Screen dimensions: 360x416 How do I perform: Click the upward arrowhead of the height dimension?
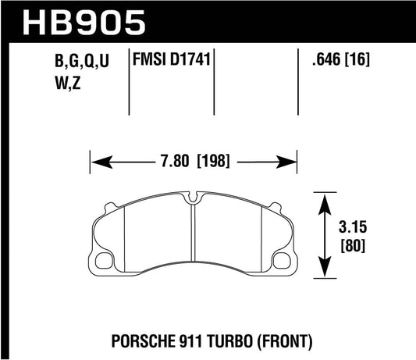pos(322,197)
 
